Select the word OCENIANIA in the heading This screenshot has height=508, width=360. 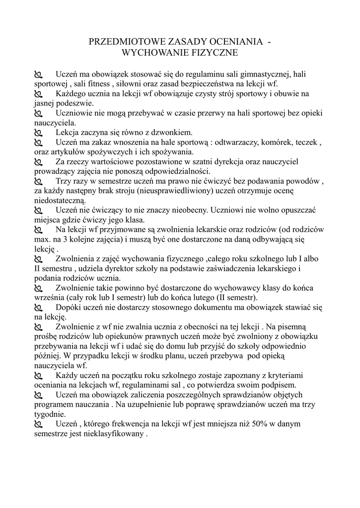click(x=240, y=42)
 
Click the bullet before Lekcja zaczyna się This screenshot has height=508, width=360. click(x=38, y=132)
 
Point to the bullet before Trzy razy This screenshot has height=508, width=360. click(x=38, y=182)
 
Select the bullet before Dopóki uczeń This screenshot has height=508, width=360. click(x=38, y=308)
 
